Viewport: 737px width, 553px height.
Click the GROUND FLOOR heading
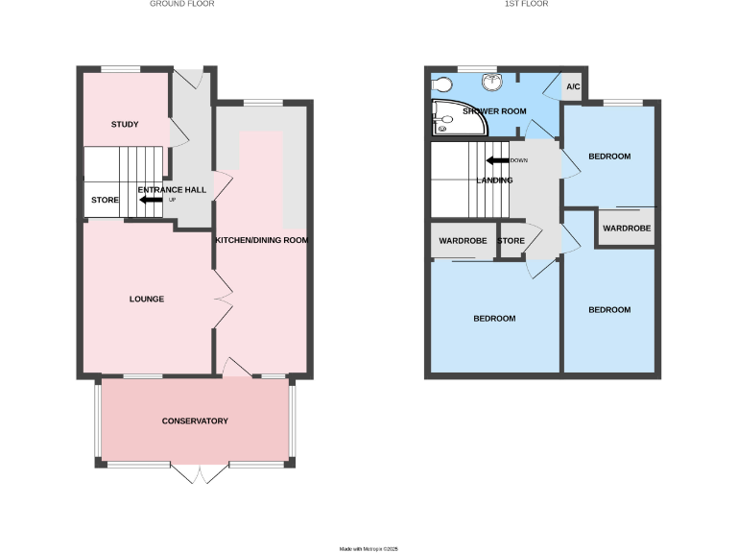[182, 4]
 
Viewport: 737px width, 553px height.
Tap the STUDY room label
[125, 125]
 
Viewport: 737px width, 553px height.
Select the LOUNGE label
[147, 300]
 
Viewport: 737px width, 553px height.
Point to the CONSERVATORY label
[195, 421]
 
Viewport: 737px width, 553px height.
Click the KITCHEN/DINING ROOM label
[261, 240]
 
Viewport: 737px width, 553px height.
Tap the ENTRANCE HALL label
[172, 190]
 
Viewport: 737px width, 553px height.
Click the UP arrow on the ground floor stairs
[151, 200]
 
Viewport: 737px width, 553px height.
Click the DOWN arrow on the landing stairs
[498, 160]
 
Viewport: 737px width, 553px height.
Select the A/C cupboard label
[573, 88]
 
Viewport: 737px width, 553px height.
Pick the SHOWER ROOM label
[494, 111]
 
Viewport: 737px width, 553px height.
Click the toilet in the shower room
[444, 85]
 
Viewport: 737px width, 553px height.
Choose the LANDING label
[495, 180]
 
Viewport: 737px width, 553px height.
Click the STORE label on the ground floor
[105, 201]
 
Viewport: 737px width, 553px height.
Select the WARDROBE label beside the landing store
[464, 241]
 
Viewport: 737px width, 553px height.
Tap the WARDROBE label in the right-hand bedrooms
[627, 228]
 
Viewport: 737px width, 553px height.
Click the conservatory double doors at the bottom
[199, 475]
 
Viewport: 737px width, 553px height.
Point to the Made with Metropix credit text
[368, 548]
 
